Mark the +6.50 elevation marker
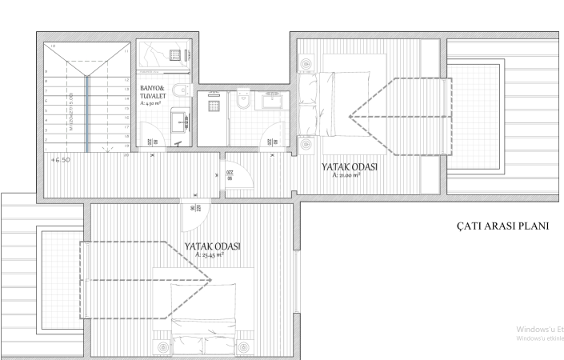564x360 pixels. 62,160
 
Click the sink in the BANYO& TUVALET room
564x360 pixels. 181,120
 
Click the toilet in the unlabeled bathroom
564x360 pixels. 244,101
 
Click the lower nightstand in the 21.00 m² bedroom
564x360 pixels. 306,145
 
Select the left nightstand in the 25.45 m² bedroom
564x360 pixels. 165,347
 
